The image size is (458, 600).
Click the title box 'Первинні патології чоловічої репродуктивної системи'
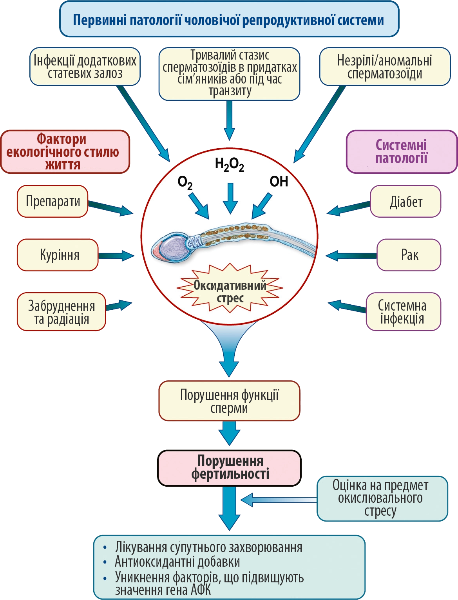pyautogui.click(x=229, y=19)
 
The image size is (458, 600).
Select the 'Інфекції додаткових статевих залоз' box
pyautogui.click(x=85, y=67)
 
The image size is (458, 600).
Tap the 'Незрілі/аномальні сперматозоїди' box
pyautogui.click(x=385, y=67)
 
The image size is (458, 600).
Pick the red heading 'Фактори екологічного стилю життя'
pyautogui.click(x=65, y=152)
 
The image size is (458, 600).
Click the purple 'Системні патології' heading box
pyautogui.click(x=402, y=152)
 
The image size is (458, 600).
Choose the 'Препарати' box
pyautogui.click(x=52, y=201)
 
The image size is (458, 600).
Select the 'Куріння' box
pyautogui.click(x=58, y=255)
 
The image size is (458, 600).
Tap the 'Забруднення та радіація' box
pyautogui.click(x=62, y=312)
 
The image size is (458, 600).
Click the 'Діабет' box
pyautogui.click(x=406, y=202)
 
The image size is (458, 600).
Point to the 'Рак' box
pyautogui.click(x=409, y=255)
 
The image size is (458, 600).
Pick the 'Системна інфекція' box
pyautogui.click(x=403, y=312)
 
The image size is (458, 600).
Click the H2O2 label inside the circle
pyautogui.click(x=229, y=164)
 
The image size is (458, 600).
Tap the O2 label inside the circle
pyautogui.click(x=185, y=182)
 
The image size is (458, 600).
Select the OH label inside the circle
pyautogui.click(x=279, y=182)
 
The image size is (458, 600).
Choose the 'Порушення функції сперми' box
pyautogui.click(x=229, y=401)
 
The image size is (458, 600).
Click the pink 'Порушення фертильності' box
pyautogui.click(x=230, y=468)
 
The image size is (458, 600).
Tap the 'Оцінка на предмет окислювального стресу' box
pyautogui.click(x=382, y=498)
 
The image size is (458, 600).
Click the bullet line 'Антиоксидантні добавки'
pyautogui.click(x=177, y=562)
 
